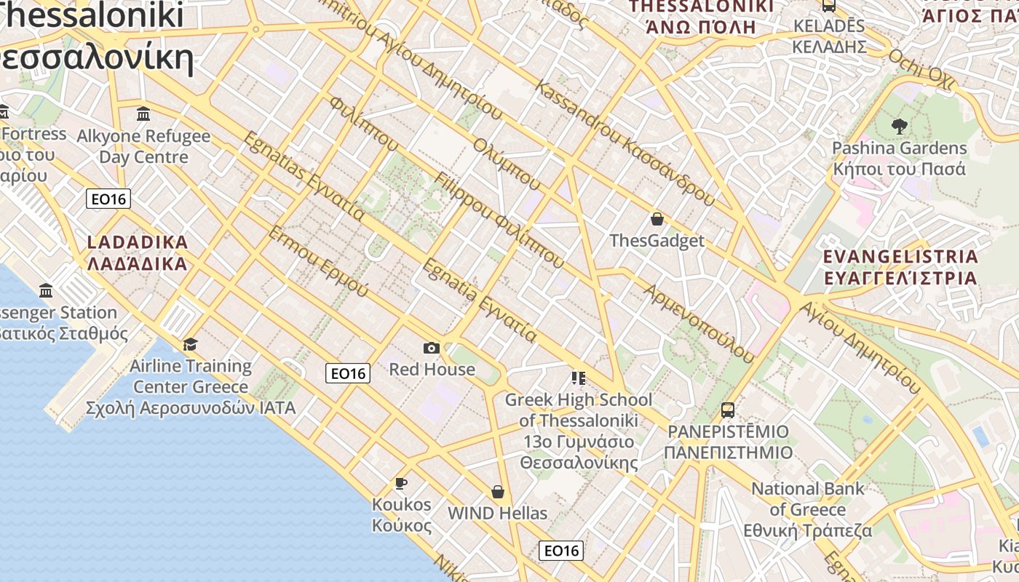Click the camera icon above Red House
click(432, 348)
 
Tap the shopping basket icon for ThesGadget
click(657, 219)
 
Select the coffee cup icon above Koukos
click(400, 483)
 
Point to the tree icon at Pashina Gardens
click(900, 126)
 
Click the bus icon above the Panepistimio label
click(728, 410)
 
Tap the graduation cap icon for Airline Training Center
click(191, 344)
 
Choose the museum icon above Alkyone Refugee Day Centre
click(143, 114)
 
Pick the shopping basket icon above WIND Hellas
click(498, 493)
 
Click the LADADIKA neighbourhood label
click(138, 252)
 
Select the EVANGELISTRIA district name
click(900, 267)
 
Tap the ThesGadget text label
click(657, 241)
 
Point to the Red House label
click(432, 370)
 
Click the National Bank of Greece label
click(808, 509)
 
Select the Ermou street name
click(319, 262)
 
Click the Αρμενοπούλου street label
click(699, 323)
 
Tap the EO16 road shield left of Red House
click(348, 373)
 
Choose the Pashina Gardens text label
click(900, 159)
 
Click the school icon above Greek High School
click(579, 378)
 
